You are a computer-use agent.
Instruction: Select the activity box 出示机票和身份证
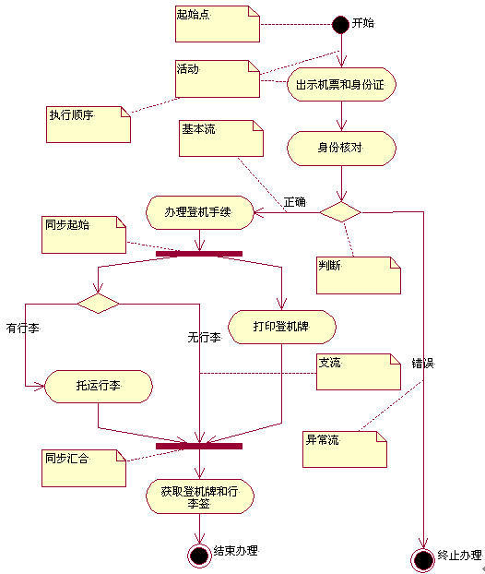[341, 84]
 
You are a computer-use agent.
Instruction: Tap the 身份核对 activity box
[341, 147]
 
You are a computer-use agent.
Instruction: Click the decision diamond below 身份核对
[340, 211]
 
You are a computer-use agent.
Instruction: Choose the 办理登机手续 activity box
[199, 212]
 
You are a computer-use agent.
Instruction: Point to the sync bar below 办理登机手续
[198, 253]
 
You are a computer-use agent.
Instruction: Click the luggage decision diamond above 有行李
[98, 303]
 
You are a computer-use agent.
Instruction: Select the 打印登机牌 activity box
[281, 327]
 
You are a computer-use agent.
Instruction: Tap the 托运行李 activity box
[99, 386]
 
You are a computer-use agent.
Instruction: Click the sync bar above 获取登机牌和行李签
[198, 446]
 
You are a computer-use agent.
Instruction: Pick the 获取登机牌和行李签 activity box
[199, 496]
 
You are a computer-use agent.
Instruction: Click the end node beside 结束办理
[198, 554]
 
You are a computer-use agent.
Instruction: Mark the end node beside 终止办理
[423, 559]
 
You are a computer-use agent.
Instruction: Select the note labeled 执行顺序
[89, 125]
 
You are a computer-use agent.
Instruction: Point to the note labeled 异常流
[344, 448]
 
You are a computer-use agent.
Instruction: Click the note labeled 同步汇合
[83, 467]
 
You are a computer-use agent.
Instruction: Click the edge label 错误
[422, 364]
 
